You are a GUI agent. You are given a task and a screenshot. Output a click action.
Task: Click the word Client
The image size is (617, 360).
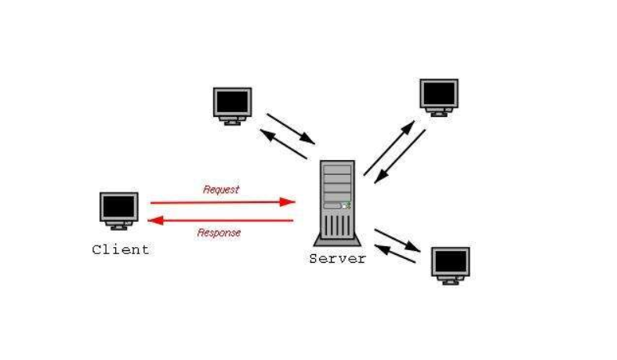[x=120, y=250]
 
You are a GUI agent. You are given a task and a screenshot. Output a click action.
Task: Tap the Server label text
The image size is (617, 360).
[x=337, y=259]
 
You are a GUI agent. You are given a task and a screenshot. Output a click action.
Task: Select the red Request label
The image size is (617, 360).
[x=221, y=189]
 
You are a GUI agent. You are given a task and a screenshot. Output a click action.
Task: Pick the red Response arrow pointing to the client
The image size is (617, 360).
[x=220, y=220]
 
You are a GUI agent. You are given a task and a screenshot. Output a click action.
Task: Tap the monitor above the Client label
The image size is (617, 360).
[x=119, y=207]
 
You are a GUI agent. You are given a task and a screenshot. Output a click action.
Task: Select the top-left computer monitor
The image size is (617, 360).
[x=232, y=103]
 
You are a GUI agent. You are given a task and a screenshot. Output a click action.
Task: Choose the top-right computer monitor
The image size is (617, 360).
[x=438, y=94]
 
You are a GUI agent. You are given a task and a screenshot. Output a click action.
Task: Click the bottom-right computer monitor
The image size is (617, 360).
[x=450, y=262]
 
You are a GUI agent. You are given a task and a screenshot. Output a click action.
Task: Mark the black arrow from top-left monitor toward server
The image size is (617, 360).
[x=291, y=129]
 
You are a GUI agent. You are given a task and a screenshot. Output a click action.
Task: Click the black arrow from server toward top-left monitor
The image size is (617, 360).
[x=283, y=145]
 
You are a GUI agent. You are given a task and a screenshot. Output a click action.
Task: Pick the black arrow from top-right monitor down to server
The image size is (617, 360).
[x=400, y=156]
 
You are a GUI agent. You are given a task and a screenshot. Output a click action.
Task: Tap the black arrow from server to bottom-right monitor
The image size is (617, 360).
[x=399, y=238]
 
